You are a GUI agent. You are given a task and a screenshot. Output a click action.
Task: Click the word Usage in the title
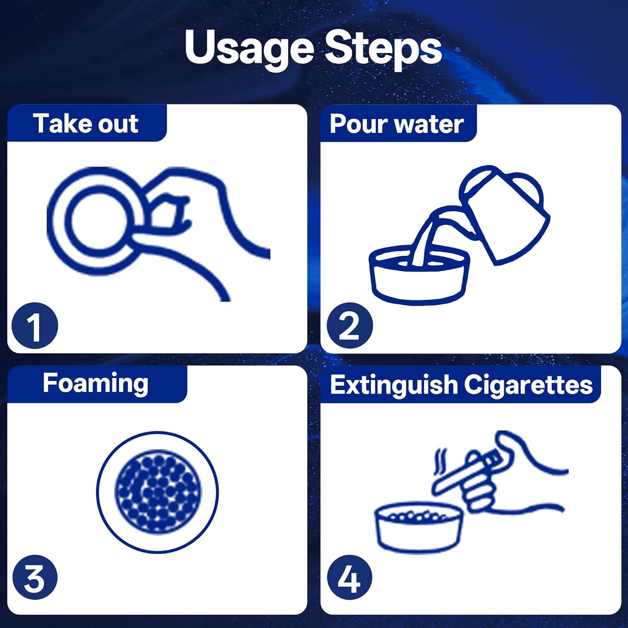(x=250, y=49)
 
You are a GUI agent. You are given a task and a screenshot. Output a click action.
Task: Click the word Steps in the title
(x=383, y=49)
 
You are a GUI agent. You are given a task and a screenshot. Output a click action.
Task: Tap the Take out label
(x=86, y=124)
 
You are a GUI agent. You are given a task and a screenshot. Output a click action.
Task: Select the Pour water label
(x=396, y=124)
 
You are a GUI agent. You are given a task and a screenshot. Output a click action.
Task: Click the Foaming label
(x=95, y=383)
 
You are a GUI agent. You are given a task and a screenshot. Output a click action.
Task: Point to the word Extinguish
(x=394, y=385)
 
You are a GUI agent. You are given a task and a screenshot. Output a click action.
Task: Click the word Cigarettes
(x=528, y=384)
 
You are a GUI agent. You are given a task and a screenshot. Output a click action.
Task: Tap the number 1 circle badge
(x=35, y=326)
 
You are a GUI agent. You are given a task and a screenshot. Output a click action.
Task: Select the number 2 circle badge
(x=350, y=326)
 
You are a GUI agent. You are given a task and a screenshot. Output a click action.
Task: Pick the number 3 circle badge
(x=35, y=577)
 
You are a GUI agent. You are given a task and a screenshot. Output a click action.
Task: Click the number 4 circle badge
(x=350, y=577)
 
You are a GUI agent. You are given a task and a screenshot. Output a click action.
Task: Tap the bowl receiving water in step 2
(x=419, y=276)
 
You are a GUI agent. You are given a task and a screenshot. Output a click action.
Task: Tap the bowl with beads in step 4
(x=419, y=528)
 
